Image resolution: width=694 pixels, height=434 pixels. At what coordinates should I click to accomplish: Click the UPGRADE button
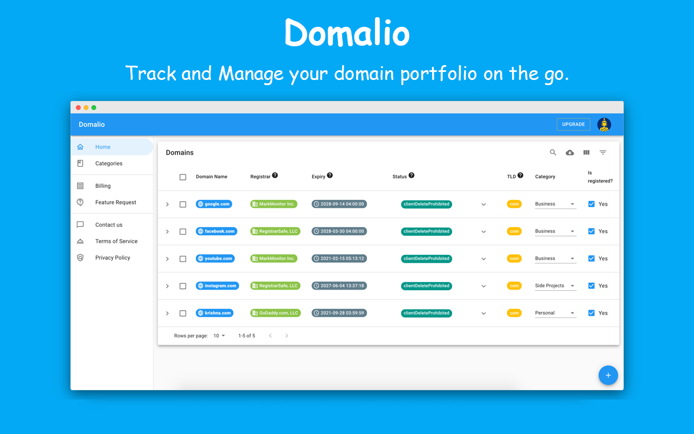pyautogui.click(x=573, y=124)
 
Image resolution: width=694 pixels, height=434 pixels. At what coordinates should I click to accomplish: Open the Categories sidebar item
pyautogui.click(x=108, y=163)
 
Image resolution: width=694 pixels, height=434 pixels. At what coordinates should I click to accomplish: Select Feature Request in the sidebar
pyautogui.click(x=115, y=202)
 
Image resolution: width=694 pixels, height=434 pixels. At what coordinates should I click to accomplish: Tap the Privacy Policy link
pyautogui.click(x=112, y=258)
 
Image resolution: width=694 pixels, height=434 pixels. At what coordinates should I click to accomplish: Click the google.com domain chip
pyautogui.click(x=214, y=204)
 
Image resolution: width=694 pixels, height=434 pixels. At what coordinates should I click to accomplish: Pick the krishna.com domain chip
pyautogui.click(x=214, y=313)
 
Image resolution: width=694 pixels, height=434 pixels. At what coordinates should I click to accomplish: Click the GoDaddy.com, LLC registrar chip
pyautogui.click(x=275, y=313)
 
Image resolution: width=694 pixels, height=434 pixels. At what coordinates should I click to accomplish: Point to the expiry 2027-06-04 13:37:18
pyautogui.click(x=339, y=286)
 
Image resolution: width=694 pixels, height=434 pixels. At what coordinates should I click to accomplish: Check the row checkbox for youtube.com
pyautogui.click(x=183, y=259)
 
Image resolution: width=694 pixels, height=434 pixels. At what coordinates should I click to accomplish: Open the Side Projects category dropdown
pyautogui.click(x=555, y=286)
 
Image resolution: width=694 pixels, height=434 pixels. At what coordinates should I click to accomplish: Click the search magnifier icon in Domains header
pyautogui.click(x=553, y=152)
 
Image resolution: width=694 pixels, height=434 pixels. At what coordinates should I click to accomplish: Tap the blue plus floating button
pyautogui.click(x=608, y=375)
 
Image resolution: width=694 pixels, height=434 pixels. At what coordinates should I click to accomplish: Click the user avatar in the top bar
pyautogui.click(x=604, y=124)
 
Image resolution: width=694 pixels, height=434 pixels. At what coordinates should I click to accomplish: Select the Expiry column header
pyautogui.click(x=318, y=176)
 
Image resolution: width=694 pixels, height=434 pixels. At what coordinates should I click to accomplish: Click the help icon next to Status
pyautogui.click(x=411, y=176)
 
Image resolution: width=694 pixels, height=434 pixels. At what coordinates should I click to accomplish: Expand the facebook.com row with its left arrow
pyautogui.click(x=167, y=231)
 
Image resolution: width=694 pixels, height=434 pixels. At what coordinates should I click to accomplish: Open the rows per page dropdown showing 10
pyautogui.click(x=219, y=336)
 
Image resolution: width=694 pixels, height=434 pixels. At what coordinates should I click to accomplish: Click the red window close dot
pyautogui.click(x=78, y=107)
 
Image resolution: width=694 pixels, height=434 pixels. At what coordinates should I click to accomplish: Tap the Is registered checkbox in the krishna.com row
pyautogui.click(x=591, y=313)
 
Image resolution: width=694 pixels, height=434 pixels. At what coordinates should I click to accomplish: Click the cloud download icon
pyautogui.click(x=570, y=152)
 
